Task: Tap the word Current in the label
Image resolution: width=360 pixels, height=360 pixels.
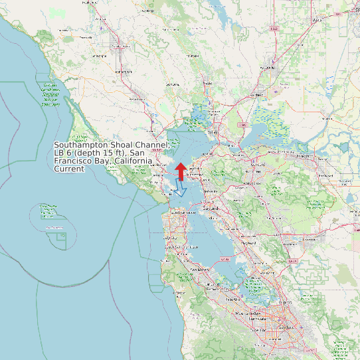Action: (x=69, y=169)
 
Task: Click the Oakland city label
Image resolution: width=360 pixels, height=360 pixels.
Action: (x=211, y=208)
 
